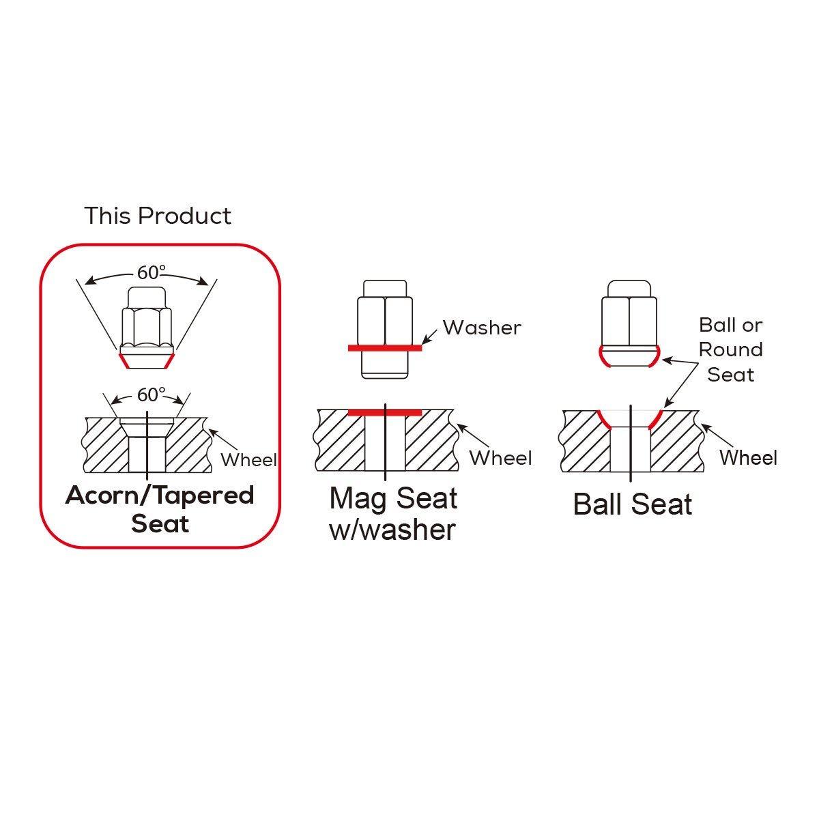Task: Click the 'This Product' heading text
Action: (158, 216)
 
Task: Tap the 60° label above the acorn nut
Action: (152, 272)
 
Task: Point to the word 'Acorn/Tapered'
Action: (160, 496)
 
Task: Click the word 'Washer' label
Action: (482, 328)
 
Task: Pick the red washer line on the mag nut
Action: (385, 348)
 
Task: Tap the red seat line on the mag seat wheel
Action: (385, 413)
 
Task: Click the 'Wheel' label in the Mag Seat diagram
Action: (501, 458)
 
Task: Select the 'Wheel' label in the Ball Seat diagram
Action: (749, 458)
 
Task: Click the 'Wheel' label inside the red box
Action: (248, 460)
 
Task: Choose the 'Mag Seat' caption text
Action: (394, 498)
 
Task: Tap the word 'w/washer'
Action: (392, 530)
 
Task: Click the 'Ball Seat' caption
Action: (633, 504)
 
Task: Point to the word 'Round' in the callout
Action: (730, 350)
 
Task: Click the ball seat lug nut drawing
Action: (629, 324)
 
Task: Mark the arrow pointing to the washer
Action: (430, 336)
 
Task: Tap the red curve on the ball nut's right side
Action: (656, 356)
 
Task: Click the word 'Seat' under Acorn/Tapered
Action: (160, 523)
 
